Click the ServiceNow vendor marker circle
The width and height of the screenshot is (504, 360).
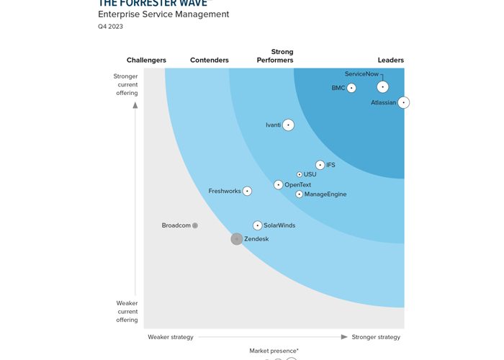click(x=383, y=87)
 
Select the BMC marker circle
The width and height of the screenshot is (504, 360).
click(x=351, y=88)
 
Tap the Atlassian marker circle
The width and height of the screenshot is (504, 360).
click(x=404, y=103)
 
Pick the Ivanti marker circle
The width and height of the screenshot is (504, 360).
click(x=289, y=125)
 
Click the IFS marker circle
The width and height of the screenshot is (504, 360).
click(x=320, y=165)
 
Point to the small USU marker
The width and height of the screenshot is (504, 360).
click(x=300, y=174)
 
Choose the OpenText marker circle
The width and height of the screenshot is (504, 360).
click(x=279, y=185)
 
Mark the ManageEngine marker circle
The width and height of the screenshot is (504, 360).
click(x=300, y=194)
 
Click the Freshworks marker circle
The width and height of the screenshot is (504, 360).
click(x=248, y=191)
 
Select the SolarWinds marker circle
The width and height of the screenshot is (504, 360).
click(x=258, y=225)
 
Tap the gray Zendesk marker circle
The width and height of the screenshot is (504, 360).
click(x=237, y=239)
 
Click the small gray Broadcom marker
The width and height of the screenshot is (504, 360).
click(x=195, y=225)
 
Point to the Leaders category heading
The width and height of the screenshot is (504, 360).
click(x=391, y=60)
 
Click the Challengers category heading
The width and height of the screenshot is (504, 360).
click(x=147, y=60)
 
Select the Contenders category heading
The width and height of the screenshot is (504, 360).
click(x=210, y=60)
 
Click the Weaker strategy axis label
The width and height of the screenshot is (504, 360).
click(x=171, y=337)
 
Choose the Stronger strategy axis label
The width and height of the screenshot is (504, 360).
click(x=376, y=337)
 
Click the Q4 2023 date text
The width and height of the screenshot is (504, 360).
click(x=111, y=27)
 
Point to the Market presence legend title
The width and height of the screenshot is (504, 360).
click(x=274, y=351)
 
